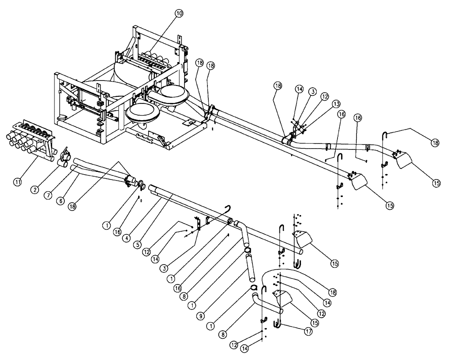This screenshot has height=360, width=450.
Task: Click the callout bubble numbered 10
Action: coord(179,13)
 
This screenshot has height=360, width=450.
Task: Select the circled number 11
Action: coord(18,182)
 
